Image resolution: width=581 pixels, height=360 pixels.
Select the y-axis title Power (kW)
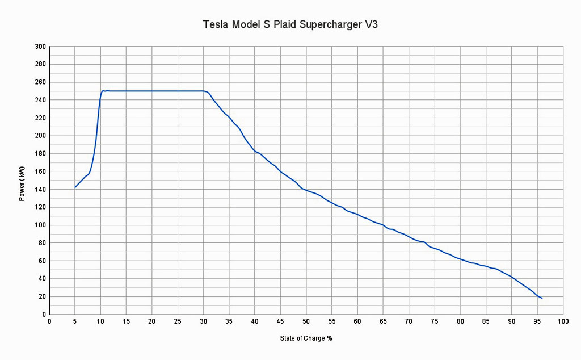pos(22,179)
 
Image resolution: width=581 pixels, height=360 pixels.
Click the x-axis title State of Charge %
pos(306,339)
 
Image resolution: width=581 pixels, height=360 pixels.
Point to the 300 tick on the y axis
pos(40,47)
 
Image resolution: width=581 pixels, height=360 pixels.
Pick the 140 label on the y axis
pos(40,189)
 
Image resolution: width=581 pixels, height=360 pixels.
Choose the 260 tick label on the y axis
pos(40,82)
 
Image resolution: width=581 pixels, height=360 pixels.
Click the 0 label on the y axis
pos(44,314)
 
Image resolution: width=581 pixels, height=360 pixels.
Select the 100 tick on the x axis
pos(563,322)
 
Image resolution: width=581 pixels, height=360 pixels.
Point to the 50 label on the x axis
pos(306,322)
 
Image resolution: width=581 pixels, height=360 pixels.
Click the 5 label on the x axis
pos(75,322)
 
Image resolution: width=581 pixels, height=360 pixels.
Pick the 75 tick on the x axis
pos(434,322)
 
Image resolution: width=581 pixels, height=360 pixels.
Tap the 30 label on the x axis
pos(203,322)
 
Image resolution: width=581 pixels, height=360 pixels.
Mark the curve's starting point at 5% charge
pos(75,187)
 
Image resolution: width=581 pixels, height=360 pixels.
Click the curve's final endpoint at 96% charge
pos(542,298)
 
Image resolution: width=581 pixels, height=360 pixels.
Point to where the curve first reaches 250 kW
pos(102,91)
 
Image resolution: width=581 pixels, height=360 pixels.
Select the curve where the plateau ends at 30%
pos(204,91)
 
